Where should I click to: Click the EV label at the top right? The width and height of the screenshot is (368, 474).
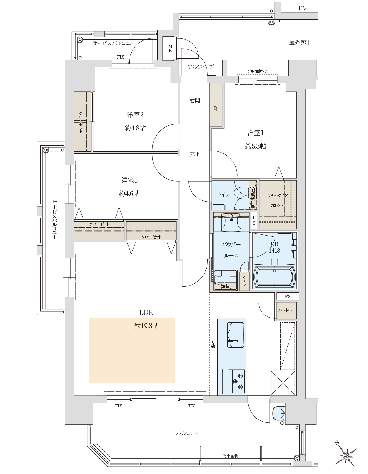pos(302,8)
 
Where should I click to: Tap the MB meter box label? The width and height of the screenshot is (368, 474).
pos(170,49)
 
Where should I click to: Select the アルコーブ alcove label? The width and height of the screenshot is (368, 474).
pos(200,67)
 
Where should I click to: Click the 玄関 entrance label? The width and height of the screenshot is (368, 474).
pos(195,101)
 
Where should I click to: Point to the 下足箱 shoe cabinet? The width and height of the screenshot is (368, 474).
pos(216,105)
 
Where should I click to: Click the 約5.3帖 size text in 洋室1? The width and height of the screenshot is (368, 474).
pos(255,146)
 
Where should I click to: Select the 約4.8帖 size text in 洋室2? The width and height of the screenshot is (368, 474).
pos(135,128)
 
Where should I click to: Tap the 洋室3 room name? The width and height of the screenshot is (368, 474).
pos(129,180)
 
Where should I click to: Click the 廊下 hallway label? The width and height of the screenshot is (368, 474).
pos(194,154)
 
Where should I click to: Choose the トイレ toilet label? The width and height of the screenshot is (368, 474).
pos(223,195)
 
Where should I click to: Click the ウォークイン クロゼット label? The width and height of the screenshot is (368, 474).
pos(277,200)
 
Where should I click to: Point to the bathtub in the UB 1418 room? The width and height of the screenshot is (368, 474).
pos(275,277)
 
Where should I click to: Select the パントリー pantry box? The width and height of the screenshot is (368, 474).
pos(286,310)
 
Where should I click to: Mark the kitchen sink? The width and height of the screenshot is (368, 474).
pos(236,335)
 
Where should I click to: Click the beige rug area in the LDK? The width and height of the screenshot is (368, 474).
pos(132,350)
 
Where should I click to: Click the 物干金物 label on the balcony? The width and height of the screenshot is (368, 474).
pos(230,456)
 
